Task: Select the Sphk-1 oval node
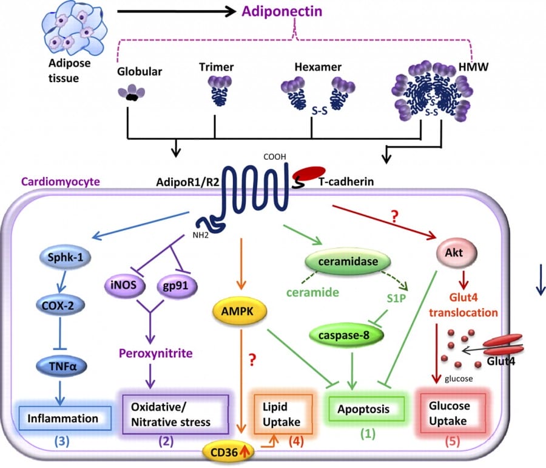[x=61, y=255]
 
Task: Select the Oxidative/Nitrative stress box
[x=176, y=413]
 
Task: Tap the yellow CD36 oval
[x=227, y=452]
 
